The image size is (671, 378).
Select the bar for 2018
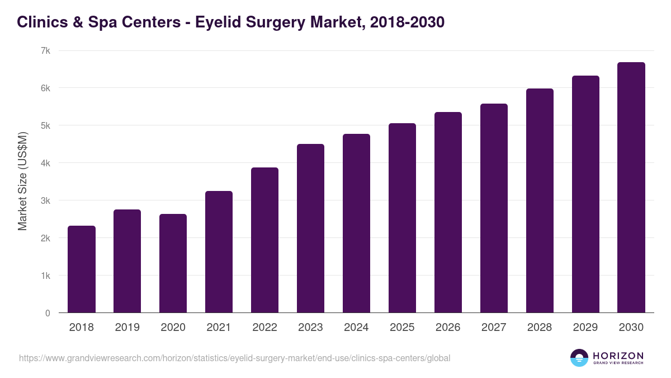coord(82,269)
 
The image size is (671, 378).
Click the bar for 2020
coord(173,263)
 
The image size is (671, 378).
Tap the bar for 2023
coord(310,228)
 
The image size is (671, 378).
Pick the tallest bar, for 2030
coord(631,188)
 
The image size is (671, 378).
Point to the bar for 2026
coord(448,212)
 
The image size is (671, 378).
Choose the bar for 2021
coord(219,252)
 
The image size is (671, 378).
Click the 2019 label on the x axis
coord(127,328)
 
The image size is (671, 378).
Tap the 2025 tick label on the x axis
coord(402,328)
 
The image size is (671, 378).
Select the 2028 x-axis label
coord(540,328)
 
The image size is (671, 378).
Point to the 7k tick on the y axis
coord(45,50)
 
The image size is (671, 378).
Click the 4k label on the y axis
coord(45,163)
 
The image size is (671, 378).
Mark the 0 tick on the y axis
coord(48,313)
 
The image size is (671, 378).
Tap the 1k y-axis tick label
coord(45,276)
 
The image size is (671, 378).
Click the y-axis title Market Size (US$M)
coord(22,181)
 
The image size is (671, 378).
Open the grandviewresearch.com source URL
coord(234,358)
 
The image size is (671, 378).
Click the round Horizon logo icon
coord(579,358)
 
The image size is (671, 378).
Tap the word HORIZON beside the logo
coord(618,355)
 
